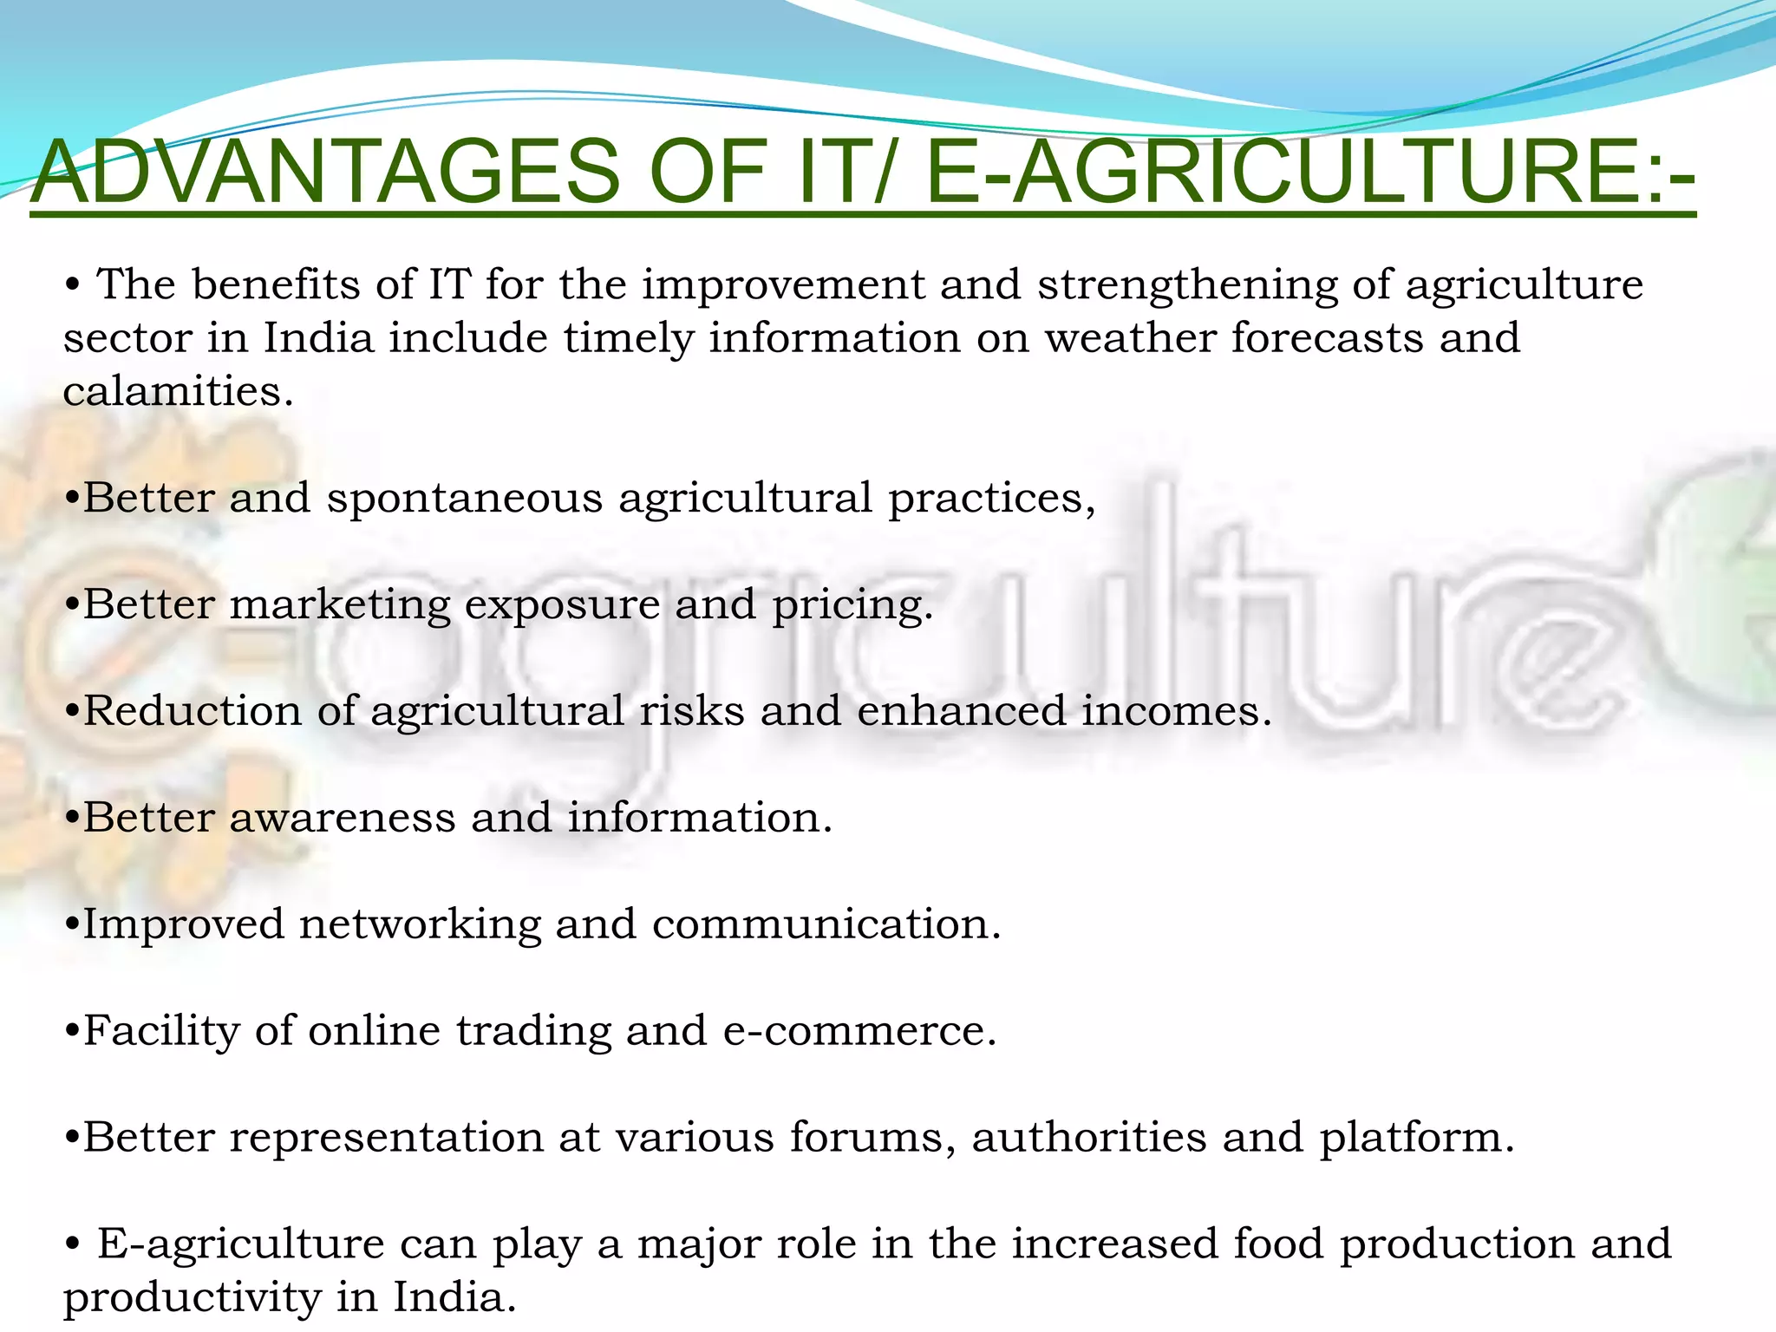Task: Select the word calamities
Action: (x=178, y=391)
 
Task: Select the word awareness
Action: (x=342, y=818)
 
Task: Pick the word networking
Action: (x=420, y=925)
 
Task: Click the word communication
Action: (x=826, y=924)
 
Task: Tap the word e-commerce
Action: (x=859, y=1031)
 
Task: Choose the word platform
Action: (x=1416, y=1139)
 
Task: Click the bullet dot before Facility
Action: (x=72, y=1032)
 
